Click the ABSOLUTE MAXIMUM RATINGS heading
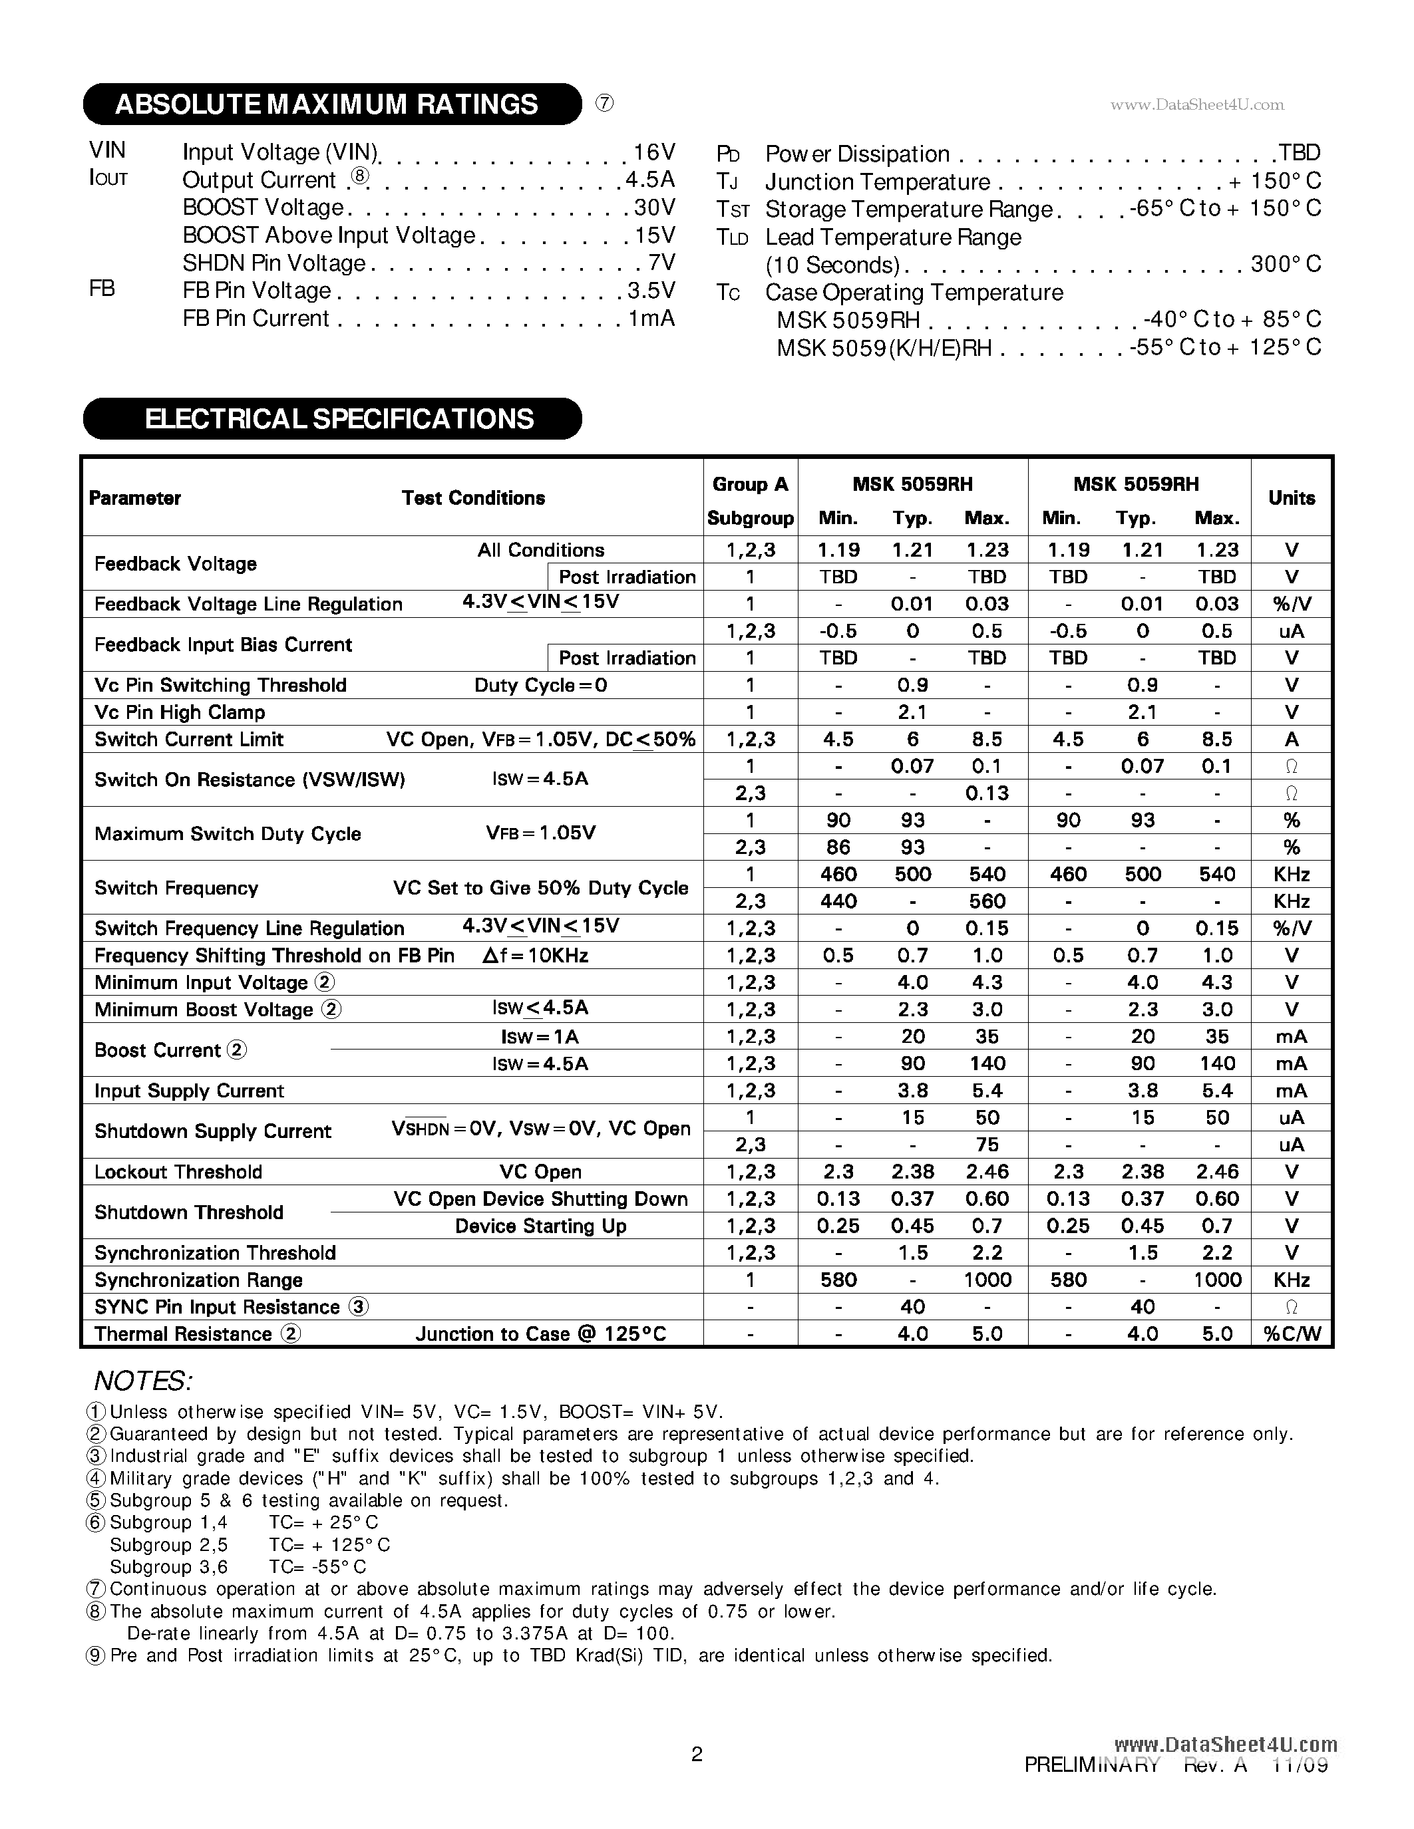click(x=327, y=104)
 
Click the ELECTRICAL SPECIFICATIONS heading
click(x=339, y=419)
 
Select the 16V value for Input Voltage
click(x=653, y=152)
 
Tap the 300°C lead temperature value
click(x=1285, y=265)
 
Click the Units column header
click(x=1291, y=498)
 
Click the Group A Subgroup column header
click(x=750, y=501)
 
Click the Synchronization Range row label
click(x=198, y=1280)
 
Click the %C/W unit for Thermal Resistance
click(x=1291, y=1334)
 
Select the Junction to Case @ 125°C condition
click(x=540, y=1334)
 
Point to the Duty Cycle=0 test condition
click(x=540, y=685)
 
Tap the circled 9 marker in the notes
click(x=97, y=1655)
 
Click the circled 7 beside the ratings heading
click(x=604, y=103)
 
